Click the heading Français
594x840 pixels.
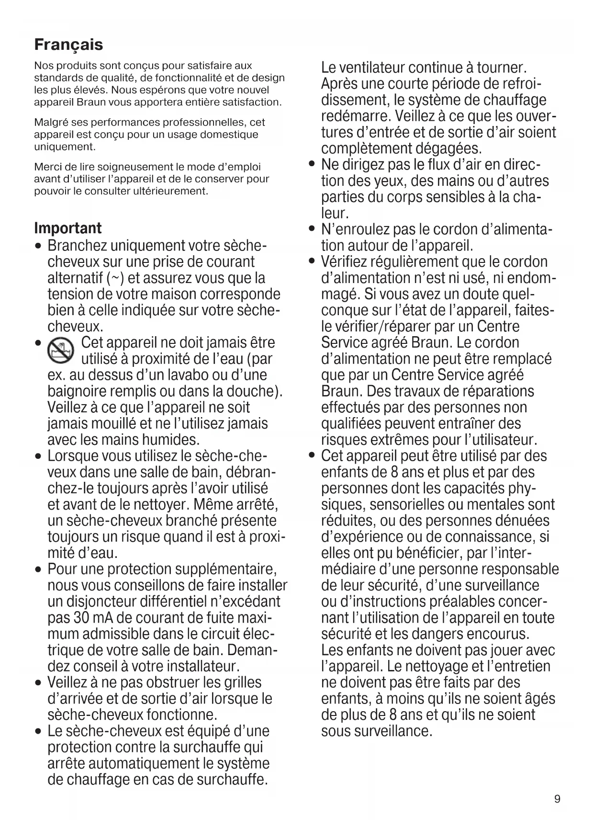coord(68,45)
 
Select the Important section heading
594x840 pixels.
coord(68,228)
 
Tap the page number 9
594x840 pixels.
coord(557,799)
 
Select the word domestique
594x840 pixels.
coord(229,135)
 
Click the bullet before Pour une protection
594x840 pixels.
coord(38,570)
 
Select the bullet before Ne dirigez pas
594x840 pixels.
coord(312,165)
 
